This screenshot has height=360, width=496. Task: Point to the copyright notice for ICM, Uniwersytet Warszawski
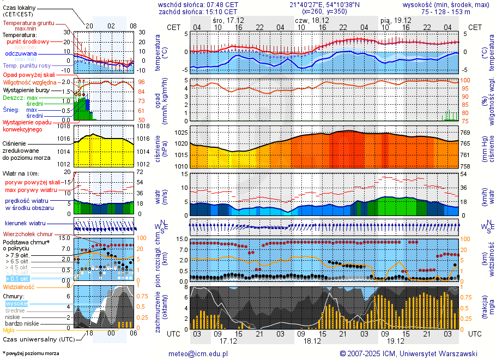408,353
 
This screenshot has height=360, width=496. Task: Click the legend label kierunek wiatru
26,224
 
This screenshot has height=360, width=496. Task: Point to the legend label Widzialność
19,286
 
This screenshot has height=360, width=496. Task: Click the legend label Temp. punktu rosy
34,65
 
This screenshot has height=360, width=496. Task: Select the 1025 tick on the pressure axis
182,133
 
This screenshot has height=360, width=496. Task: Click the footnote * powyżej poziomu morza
30,353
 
